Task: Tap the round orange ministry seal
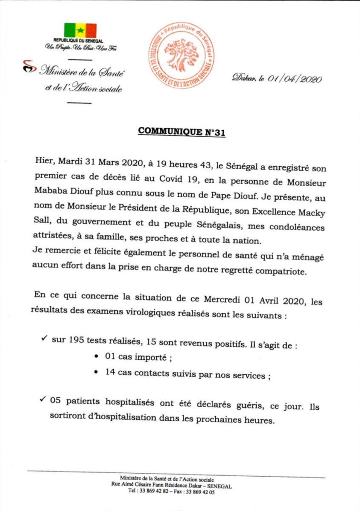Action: (181, 55)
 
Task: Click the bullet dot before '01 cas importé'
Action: (96, 358)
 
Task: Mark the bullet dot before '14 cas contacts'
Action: (96, 372)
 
